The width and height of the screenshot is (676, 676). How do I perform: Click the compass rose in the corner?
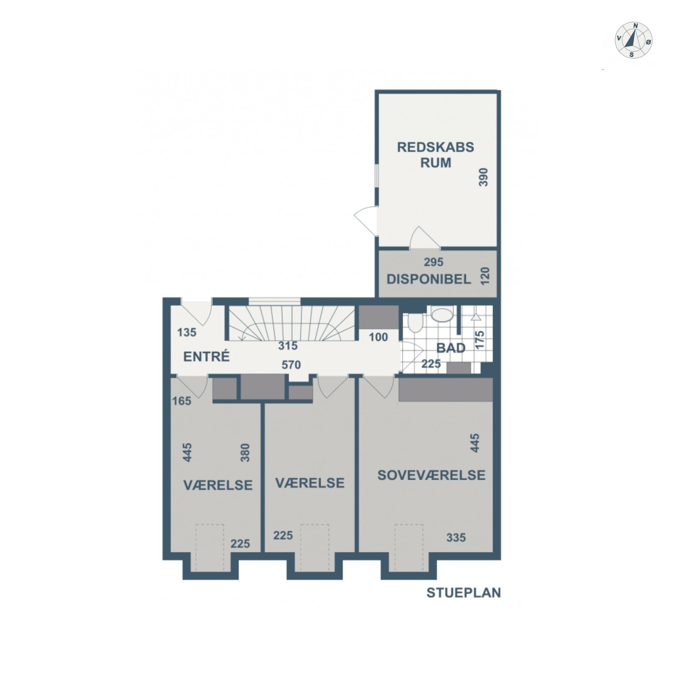click(633, 40)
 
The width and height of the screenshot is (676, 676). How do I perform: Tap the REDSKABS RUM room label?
click(435, 154)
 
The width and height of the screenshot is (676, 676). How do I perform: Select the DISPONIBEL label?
click(428, 279)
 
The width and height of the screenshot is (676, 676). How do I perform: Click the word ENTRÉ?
click(206, 356)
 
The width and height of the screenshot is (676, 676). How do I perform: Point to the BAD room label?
click(451, 348)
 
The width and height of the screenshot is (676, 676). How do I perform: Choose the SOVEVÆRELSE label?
click(431, 475)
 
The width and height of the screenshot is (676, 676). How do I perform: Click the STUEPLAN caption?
click(463, 593)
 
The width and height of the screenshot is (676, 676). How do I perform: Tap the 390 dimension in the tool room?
click(483, 177)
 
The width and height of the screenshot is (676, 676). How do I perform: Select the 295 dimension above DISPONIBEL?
click(433, 262)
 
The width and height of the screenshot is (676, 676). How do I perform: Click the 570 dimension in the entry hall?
click(291, 365)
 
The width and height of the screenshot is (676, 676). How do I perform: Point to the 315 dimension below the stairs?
click(288, 346)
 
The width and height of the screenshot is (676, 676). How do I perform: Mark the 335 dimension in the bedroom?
click(456, 537)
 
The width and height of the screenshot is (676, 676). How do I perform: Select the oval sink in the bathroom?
click(442, 315)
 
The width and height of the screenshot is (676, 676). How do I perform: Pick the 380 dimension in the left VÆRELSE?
click(245, 452)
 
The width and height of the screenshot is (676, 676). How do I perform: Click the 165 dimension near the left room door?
click(181, 401)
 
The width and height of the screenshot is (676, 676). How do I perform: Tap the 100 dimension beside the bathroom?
click(378, 337)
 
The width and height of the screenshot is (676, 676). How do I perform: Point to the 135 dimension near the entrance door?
click(187, 332)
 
